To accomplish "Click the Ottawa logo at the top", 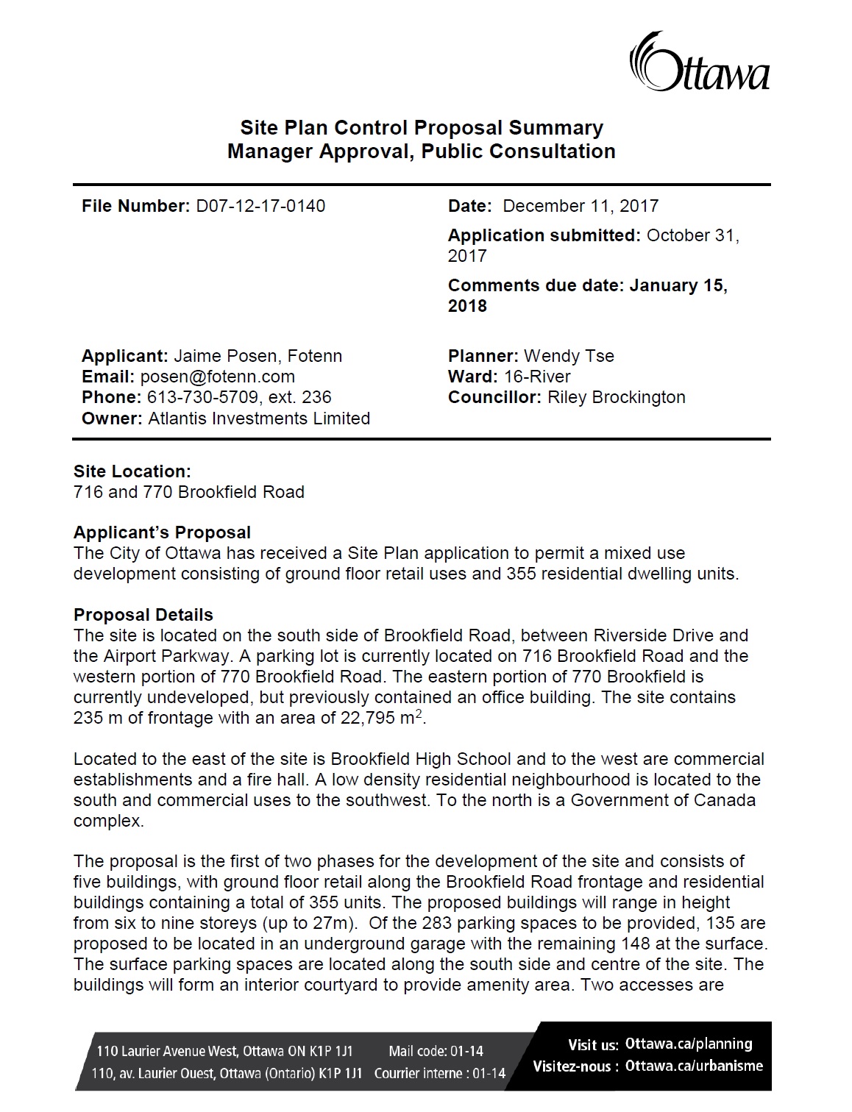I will (x=698, y=63).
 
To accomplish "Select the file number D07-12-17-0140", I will (x=260, y=206).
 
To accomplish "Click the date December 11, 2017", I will (x=581, y=206).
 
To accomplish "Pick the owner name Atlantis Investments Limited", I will (x=259, y=418).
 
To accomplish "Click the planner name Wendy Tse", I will (x=569, y=356).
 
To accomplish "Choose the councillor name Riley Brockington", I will (x=617, y=397).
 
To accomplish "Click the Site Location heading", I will (x=132, y=471).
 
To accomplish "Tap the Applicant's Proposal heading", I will (x=162, y=532).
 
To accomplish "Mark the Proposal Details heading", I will (x=143, y=615).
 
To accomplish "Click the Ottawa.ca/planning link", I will (x=689, y=1044).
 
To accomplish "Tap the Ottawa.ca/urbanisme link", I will (x=694, y=1066).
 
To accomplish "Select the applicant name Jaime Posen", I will (x=225, y=356).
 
